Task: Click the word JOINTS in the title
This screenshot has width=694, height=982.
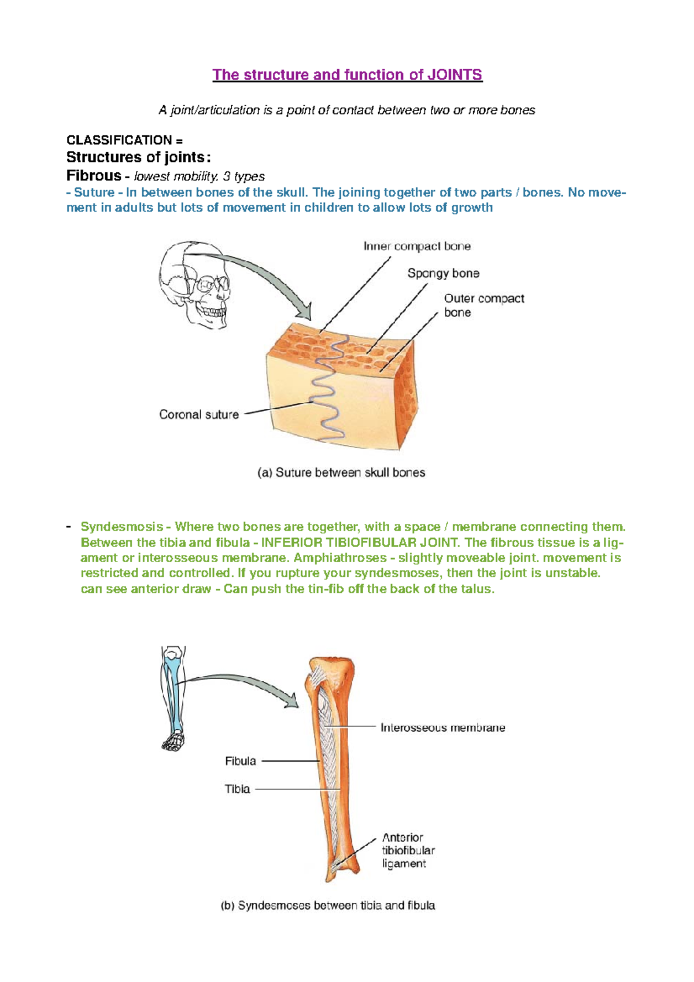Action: pos(454,75)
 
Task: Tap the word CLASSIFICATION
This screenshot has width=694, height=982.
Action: pos(119,140)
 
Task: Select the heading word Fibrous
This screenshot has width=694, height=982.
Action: pos(94,175)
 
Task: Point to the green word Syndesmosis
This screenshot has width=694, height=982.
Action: pos(121,527)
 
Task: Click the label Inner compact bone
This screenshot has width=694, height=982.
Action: pos(417,246)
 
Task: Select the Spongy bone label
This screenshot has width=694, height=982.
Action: pos(443,273)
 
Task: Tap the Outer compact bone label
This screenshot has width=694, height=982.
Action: pos(483,305)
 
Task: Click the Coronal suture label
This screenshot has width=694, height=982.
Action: pos(198,415)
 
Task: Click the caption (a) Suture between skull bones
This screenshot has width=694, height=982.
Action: pos(341,473)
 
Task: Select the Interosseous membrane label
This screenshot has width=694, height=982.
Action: pos(442,728)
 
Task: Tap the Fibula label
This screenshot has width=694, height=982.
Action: pos(240,761)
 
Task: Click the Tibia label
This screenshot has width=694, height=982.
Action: pos(237,789)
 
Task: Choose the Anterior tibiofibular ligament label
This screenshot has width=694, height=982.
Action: pos(408,850)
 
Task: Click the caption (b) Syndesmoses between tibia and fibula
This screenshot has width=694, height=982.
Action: pos(328,906)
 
